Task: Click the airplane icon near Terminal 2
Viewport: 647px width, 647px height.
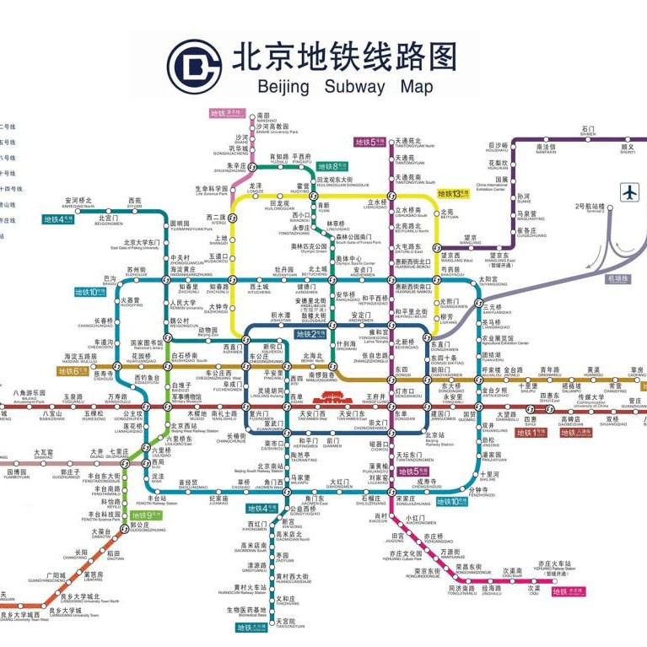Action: (629, 192)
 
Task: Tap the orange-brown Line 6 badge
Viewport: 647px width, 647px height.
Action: (72, 370)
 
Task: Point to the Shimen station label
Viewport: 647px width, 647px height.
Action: (588, 132)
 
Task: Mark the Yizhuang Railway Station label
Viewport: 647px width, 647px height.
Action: (555, 566)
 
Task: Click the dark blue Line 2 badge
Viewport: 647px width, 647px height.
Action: (310, 334)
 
